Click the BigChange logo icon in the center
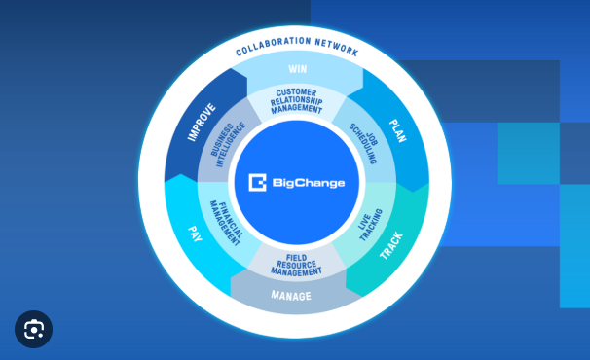click(x=257, y=182)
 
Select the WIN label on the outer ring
click(x=297, y=69)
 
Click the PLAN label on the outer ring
click(x=397, y=130)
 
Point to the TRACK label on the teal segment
click(x=391, y=244)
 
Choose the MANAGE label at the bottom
click(x=291, y=296)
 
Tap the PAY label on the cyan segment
click(x=195, y=234)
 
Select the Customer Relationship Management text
click(x=297, y=101)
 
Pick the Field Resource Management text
click(x=296, y=265)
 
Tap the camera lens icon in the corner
click(x=34, y=330)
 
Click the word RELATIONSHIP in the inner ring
click(x=297, y=101)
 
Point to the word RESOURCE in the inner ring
click(x=296, y=265)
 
